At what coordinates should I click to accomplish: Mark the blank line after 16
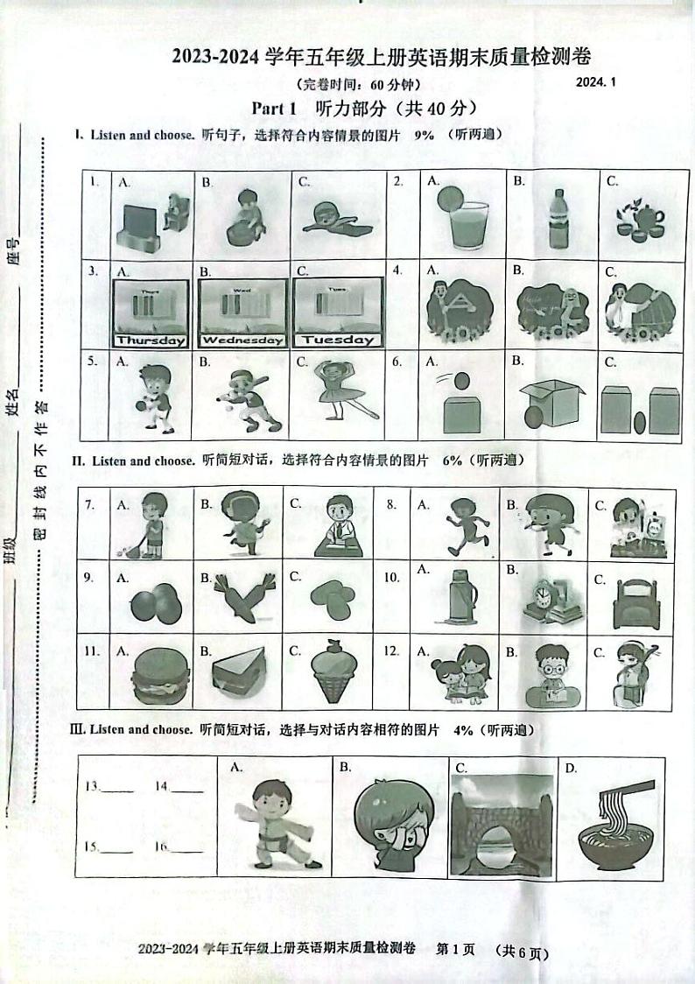[186, 849]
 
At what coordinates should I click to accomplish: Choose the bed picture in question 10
[642, 605]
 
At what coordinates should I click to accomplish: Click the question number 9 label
[88, 578]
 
